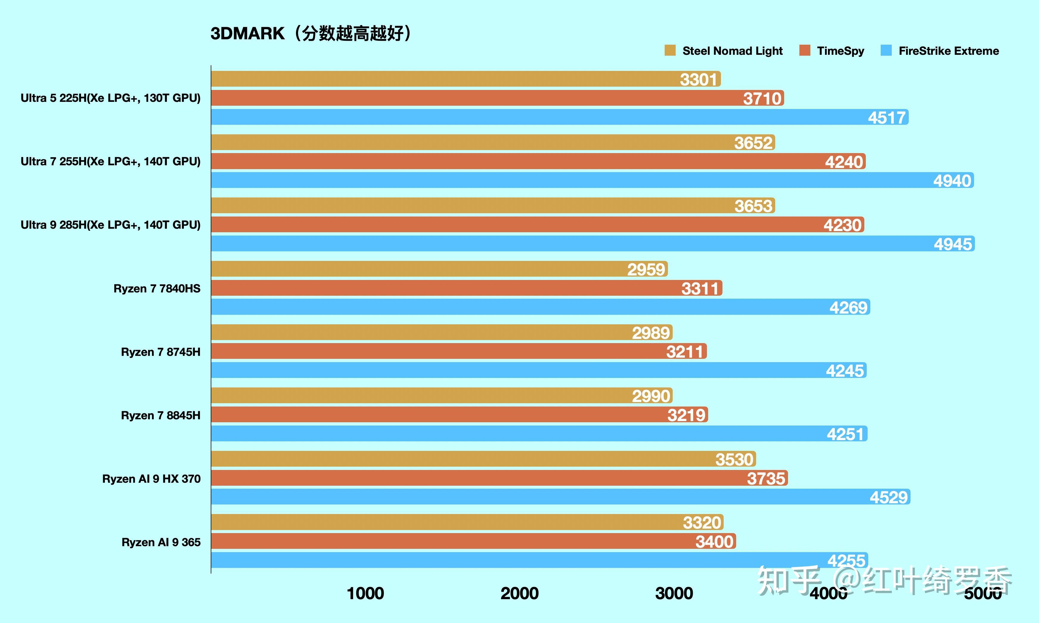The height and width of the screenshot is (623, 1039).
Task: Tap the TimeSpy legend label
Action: click(x=840, y=51)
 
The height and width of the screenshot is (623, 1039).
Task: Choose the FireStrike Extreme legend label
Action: click(x=948, y=51)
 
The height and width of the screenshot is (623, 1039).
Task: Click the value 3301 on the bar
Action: click(x=698, y=79)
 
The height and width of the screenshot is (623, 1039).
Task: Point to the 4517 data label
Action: click(x=886, y=118)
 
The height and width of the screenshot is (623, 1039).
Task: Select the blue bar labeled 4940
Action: click(x=588, y=180)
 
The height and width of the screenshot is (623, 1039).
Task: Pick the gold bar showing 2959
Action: click(x=420, y=269)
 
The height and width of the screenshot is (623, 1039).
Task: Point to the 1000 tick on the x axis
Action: click(x=365, y=593)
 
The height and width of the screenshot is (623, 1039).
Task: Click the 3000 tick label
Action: click(x=674, y=593)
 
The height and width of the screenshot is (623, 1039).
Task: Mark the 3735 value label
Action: click(x=765, y=478)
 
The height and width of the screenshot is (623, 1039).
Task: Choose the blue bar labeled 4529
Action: click(x=546, y=497)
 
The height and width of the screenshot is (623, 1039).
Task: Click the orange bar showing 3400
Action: click(x=462, y=541)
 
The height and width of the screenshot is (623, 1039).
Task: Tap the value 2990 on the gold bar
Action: click(x=651, y=396)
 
